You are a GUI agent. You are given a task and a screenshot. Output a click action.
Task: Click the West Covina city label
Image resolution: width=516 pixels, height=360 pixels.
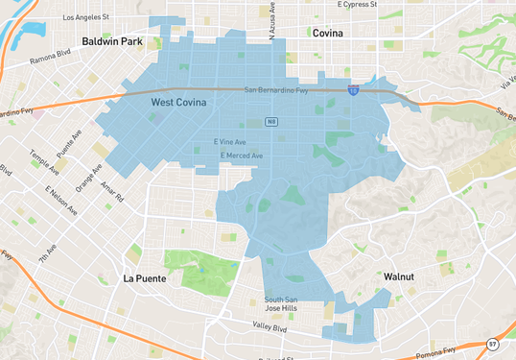pos(177,102)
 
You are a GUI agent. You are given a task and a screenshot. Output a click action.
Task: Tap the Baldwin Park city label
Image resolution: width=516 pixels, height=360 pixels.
pos(111,42)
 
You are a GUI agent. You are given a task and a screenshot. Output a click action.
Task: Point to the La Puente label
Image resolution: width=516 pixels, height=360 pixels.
pos(144,278)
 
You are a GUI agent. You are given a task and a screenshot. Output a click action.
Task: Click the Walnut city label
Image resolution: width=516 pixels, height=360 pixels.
pos(398,276)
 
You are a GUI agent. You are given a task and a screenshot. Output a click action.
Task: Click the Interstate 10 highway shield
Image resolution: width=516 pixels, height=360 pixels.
pos(354,89)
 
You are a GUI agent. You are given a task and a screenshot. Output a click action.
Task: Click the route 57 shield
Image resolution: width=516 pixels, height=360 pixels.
pos(492,344)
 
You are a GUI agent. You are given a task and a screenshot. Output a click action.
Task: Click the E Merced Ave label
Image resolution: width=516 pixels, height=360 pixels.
pos(241,156)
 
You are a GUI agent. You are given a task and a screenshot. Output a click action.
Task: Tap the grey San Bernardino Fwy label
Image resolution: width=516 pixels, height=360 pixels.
pos(275,90)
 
